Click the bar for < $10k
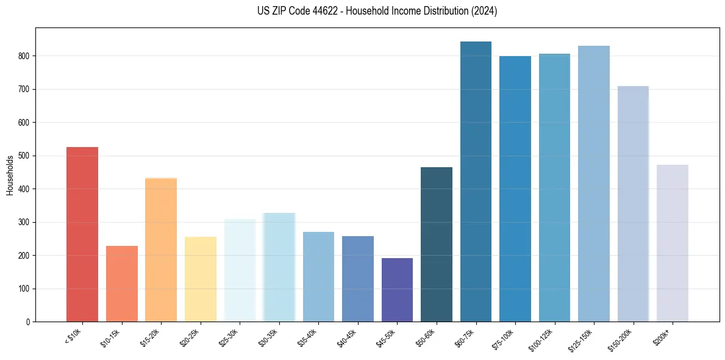pyautogui.click(x=82, y=234)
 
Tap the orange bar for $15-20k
pyautogui.click(x=161, y=250)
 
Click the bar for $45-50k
pyautogui.click(x=397, y=290)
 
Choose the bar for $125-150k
pyautogui.click(x=594, y=184)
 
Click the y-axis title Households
pyautogui.click(x=10, y=175)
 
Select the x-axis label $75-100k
pyautogui.click(x=504, y=336)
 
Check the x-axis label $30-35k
pyautogui.click(x=268, y=336)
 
